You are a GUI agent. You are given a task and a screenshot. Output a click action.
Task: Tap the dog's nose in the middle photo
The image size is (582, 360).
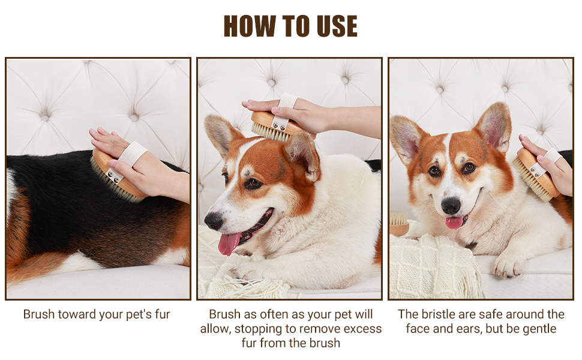tap(214, 220)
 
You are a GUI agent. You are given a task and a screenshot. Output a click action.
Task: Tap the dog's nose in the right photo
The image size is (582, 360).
tap(451, 205)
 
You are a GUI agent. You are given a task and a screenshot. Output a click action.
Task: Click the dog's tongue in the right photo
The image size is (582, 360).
tap(454, 222)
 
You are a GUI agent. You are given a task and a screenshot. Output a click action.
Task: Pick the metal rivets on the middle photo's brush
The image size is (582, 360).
tap(278, 125)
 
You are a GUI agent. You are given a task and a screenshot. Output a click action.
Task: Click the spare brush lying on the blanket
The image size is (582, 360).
tap(399, 223)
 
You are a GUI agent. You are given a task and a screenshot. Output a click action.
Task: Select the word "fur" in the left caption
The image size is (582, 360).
tap(162, 314)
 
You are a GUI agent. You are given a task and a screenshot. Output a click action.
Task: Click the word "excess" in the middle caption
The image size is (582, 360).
tap(362, 329)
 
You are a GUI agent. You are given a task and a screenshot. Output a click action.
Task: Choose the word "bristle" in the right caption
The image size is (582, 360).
tap(439, 314)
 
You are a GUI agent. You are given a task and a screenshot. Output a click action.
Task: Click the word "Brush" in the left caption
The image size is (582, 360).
tap(38, 314)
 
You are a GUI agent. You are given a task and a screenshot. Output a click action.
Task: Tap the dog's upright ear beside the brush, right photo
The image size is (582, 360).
tap(494, 125)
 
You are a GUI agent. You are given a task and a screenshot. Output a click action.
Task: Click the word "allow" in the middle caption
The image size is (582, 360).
tap(215, 329)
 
